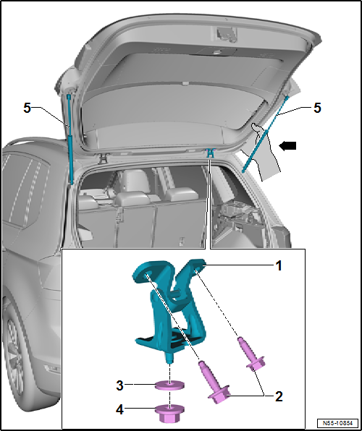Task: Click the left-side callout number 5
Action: (x=27, y=107)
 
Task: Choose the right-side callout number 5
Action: (x=316, y=107)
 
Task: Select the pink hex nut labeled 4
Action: (x=169, y=414)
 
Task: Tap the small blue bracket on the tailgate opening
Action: (x=209, y=153)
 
